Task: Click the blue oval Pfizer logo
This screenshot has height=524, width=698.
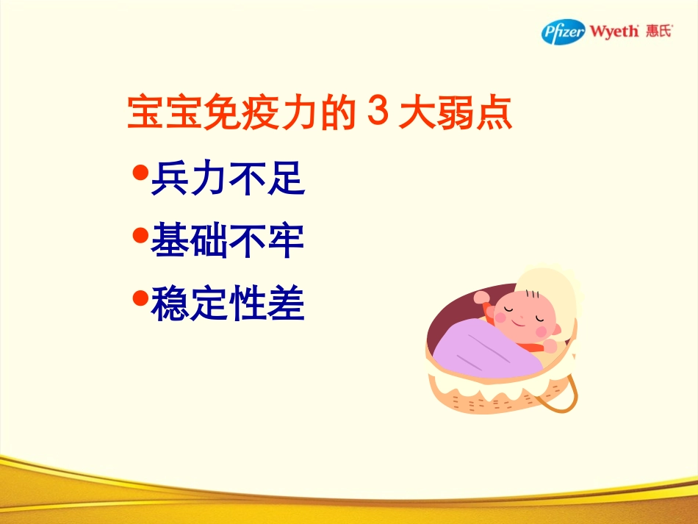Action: click(564, 32)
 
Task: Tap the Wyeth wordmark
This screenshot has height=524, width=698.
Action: click(614, 32)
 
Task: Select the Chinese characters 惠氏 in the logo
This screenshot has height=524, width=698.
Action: click(658, 32)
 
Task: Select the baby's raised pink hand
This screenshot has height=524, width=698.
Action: click(481, 298)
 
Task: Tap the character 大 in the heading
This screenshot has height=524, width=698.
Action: click(417, 115)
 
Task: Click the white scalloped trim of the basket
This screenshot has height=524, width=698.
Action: click(500, 384)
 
